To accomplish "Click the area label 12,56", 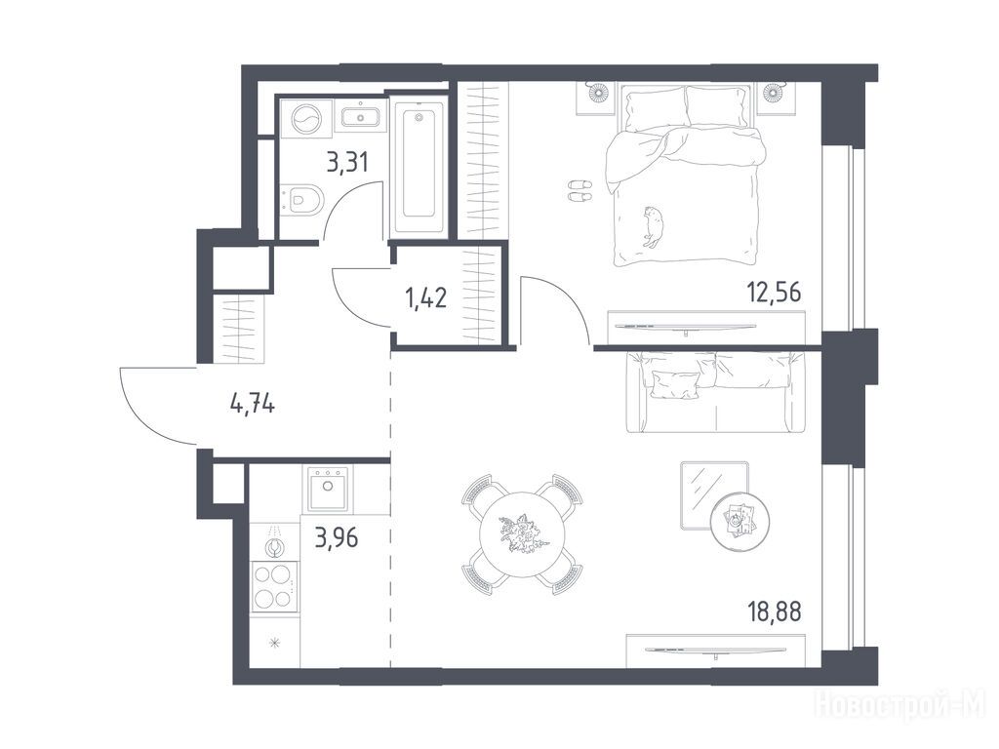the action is (774, 293).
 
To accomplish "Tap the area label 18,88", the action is (774, 611).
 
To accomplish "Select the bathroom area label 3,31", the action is (347, 163).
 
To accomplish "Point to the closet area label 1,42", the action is (425, 297).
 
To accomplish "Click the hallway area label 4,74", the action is (253, 403).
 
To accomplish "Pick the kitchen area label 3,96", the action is (337, 538).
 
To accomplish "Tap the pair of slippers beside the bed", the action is (579, 191).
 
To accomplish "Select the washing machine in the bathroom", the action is (307, 118).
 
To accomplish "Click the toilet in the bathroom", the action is (303, 198).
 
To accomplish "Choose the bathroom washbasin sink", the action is (361, 118).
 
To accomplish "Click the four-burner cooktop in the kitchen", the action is (275, 586).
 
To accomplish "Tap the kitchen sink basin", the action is (328, 489).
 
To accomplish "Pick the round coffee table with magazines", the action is (739, 521).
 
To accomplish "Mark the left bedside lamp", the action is (598, 93).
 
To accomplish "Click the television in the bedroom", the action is (685, 328).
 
